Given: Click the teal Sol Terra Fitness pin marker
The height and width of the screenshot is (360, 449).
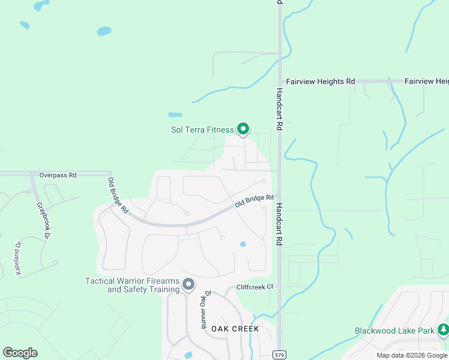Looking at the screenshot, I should tap(243, 128).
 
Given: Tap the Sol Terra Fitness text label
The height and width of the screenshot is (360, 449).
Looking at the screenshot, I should tap(202, 130).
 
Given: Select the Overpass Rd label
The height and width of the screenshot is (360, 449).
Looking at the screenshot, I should tap(58, 175).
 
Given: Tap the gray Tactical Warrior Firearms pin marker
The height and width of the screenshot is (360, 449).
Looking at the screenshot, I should tap(188, 284).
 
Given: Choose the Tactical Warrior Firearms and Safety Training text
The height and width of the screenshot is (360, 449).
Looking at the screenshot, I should tap(133, 285).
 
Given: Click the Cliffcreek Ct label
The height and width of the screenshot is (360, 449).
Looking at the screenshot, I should tap(255, 287).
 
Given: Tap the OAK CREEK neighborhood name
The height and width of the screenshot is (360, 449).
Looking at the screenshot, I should tap(235, 329).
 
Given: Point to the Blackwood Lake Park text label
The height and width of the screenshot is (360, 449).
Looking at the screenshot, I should tap(394, 331).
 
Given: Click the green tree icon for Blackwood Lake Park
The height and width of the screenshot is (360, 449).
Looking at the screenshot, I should tap(443, 329).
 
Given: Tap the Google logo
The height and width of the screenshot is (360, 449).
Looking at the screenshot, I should tap(20, 353).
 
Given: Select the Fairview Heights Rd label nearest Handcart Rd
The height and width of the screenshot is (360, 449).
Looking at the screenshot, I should tap(320, 81).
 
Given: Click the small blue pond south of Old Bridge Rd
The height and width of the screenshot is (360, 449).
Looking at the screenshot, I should tap(243, 244).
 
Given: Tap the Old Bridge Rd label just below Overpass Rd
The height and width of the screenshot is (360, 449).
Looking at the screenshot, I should tap(118, 196).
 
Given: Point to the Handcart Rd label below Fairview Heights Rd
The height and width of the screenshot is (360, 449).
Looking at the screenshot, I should tap(279, 110).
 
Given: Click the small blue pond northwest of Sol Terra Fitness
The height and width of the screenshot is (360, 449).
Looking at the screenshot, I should tap(175, 115).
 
